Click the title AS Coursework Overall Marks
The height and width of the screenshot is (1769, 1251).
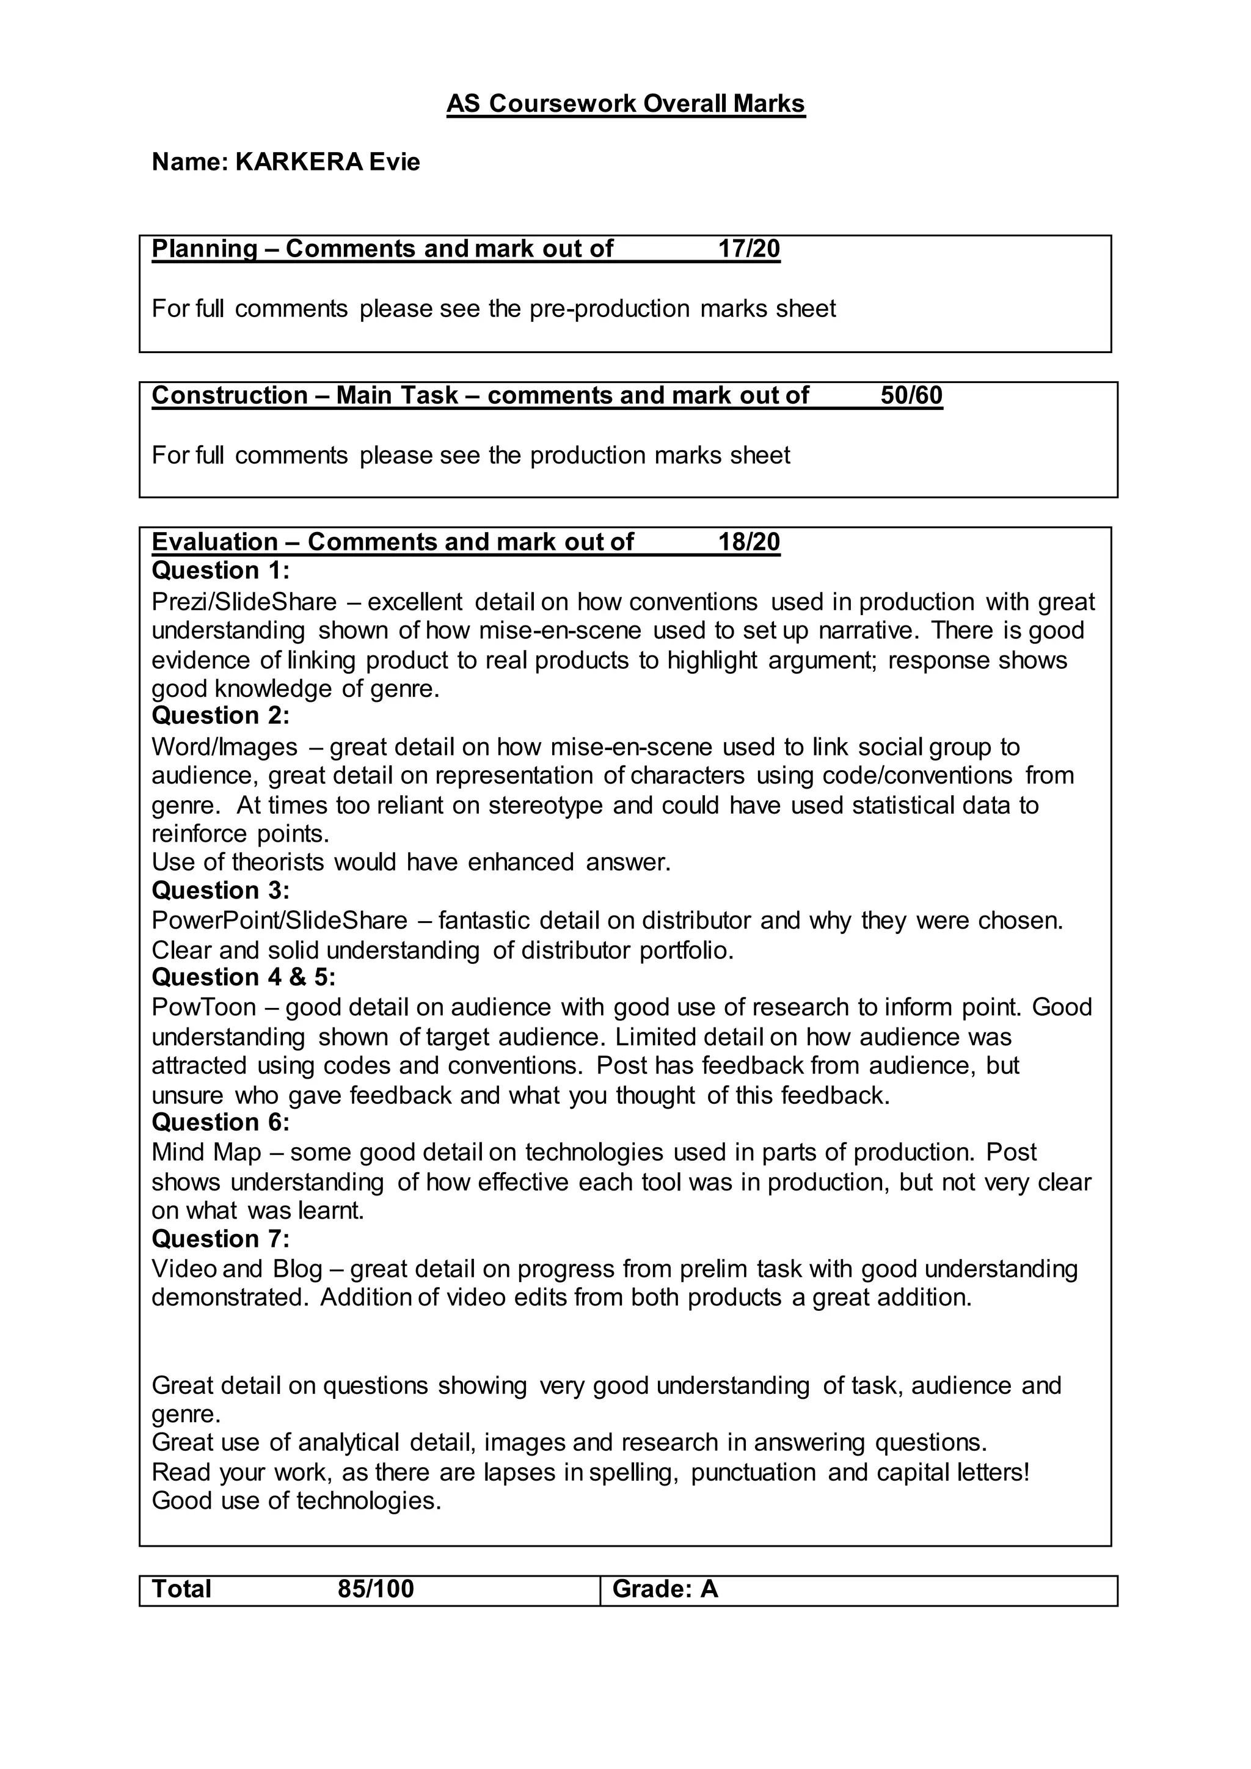coord(625,103)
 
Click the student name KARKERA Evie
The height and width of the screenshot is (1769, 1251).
coord(327,162)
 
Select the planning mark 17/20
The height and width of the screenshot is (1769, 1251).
coord(749,249)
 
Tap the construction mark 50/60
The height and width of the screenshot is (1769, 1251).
coord(911,395)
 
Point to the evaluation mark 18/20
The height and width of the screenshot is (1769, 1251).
coord(749,542)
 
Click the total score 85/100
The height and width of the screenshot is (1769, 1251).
coord(376,1589)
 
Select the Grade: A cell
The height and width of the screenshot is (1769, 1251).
coord(665,1589)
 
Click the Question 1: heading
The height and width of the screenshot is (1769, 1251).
coord(221,571)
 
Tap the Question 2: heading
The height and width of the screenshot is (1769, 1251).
coord(221,716)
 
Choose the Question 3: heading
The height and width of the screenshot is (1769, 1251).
coord(221,891)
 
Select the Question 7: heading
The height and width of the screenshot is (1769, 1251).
coord(221,1239)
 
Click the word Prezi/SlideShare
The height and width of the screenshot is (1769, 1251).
coord(244,602)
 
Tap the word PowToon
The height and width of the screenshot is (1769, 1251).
coord(203,1008)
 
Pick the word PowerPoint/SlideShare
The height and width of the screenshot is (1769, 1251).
coord(279,921)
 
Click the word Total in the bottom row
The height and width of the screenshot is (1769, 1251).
coord(182,1589)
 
